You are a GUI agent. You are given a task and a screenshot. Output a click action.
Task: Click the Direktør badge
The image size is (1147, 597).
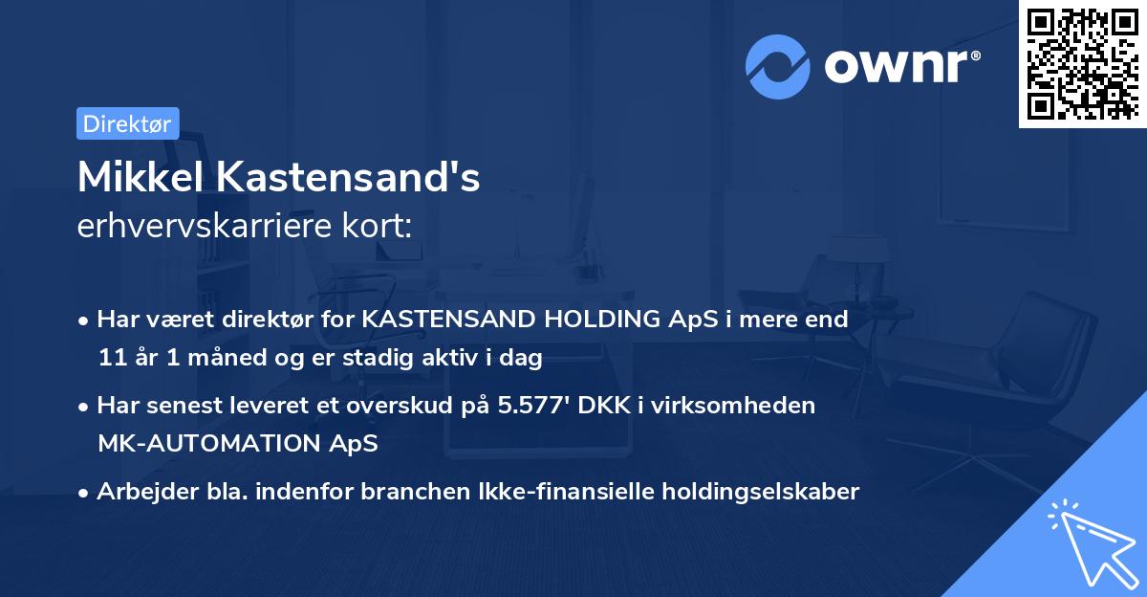pos(127,123)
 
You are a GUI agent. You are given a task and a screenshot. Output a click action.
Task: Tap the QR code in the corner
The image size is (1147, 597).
pos(1082,63)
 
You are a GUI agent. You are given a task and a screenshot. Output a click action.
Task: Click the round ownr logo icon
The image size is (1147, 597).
pos(778,66)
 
